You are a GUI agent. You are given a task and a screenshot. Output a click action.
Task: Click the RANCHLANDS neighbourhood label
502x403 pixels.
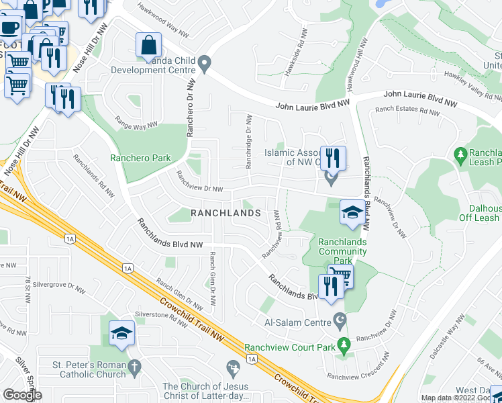pyautogui.click(x=225, y=213)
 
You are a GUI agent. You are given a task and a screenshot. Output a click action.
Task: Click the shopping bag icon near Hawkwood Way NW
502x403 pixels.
pyautogui.click(x=148, y=46)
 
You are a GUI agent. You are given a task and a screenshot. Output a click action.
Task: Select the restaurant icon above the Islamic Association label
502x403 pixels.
pyautogui.click(x=333, y=159)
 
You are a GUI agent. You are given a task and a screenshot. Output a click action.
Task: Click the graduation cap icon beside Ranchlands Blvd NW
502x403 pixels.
pyautogui.click(x=352, y=213)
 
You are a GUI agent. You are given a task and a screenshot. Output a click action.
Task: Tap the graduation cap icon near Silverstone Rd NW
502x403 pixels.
pyautogui.click(x=121, y=334)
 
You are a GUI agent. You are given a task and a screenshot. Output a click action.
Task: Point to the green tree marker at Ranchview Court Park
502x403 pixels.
pyautogui.click(x=344, y=345)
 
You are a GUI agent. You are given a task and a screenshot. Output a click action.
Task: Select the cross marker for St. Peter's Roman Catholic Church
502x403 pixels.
pyautogui.click(x=134, y=367)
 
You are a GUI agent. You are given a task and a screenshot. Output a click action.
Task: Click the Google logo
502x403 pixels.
pyautogui.click(x=22, y=395)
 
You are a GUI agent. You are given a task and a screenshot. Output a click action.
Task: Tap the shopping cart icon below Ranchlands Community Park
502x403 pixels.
pyautogui.click(x=341, y=274)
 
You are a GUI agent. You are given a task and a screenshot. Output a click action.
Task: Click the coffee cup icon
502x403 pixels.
pyautogui.click(x=10, y=28)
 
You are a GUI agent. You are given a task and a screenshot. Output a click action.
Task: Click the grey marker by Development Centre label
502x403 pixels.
pyautogui.click(x=206, y=64)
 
